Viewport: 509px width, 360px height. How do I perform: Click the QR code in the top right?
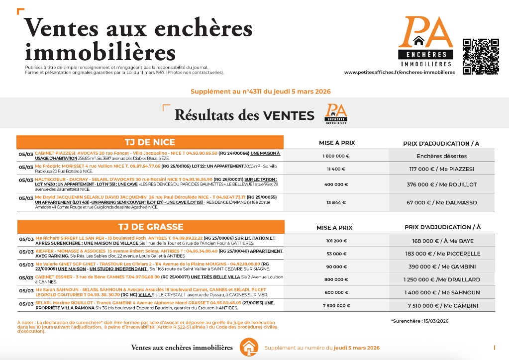click(481, 56)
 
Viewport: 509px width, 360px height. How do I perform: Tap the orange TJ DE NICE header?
click(150, 142)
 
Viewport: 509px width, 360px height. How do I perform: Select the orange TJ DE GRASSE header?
click(150, 227)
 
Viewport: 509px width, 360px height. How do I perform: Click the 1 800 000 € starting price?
click(336, 156)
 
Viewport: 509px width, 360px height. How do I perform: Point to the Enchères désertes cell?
click(441, 156)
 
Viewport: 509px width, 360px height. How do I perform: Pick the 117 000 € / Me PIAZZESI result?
click(441, 169)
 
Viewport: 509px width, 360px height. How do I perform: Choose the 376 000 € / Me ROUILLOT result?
click(441, 184)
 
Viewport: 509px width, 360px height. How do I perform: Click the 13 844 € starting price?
click(336, 202)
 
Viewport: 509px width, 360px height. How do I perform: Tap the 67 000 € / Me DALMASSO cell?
click(441, 202)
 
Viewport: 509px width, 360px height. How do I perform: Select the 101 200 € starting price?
click(336, 241)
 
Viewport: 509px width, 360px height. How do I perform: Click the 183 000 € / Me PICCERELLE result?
click(441, 254)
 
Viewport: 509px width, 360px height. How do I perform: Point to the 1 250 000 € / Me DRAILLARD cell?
click(441, 279)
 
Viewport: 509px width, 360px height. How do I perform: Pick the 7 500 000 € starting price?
click(336, 305)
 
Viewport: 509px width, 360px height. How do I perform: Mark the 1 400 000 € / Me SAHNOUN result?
click(441, 292)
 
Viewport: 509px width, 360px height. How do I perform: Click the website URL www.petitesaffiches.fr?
click(399, 73)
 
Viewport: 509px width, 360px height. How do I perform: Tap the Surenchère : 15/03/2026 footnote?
click(419, 321)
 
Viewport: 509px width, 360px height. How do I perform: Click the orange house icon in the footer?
click(249, 347)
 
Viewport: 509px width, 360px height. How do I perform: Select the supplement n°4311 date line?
click(261, 91)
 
